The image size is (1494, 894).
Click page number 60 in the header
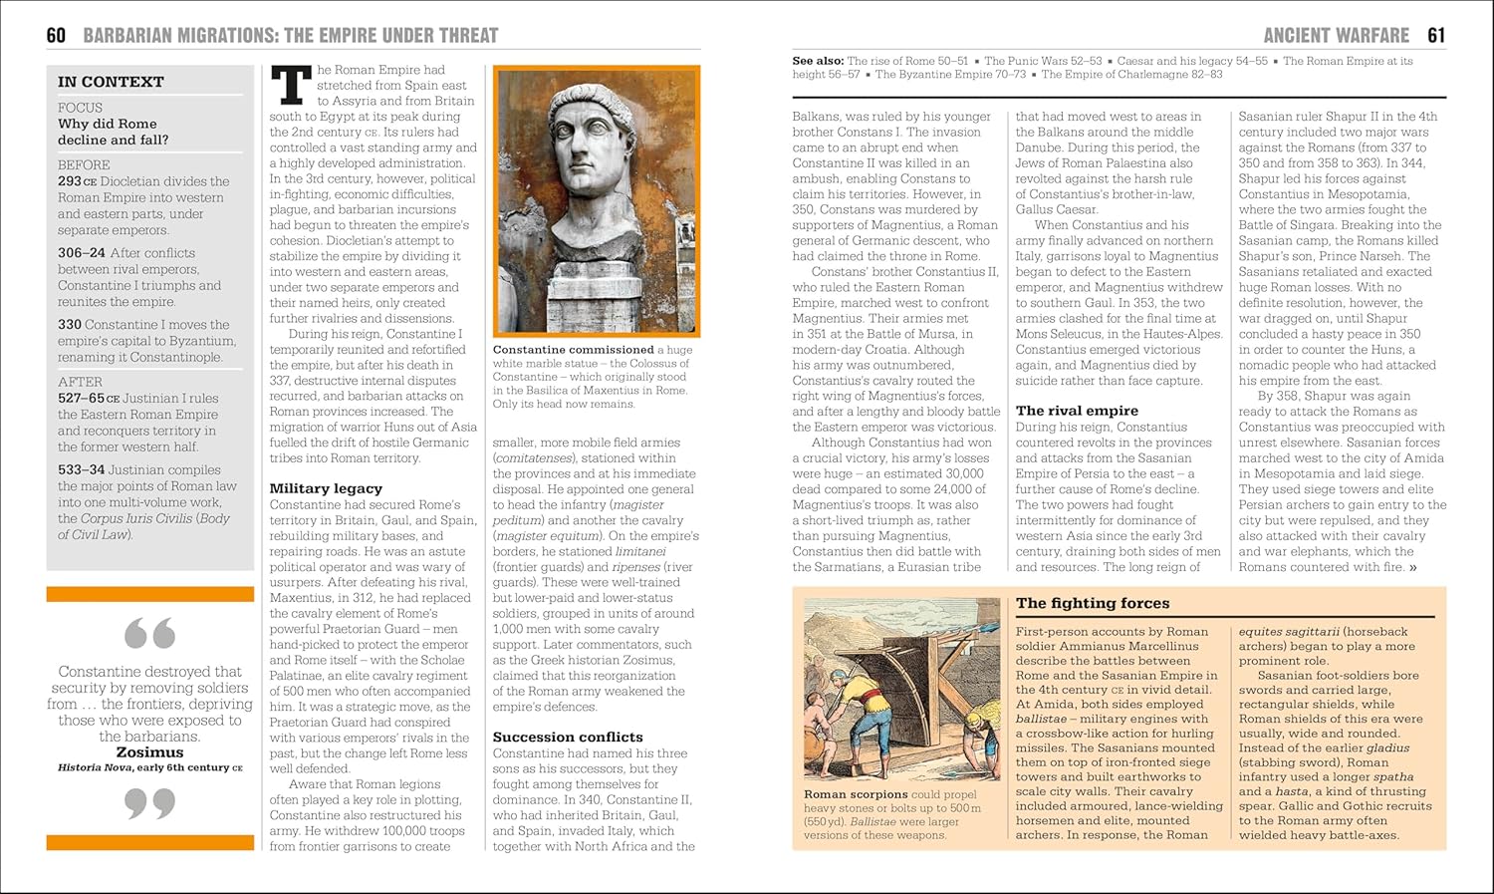point(56,36)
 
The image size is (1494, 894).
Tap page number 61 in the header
point(1435,36)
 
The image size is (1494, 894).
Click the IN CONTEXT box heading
point(111,82)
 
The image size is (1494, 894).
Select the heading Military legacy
point(326,488)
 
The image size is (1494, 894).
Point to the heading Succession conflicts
point(568,737)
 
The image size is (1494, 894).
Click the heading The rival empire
point(1077,410)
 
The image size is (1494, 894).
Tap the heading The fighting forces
point(1093,603)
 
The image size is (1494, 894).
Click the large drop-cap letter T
point(291,85)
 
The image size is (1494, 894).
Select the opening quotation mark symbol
point(149,633)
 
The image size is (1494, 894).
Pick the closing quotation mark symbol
point(149,802)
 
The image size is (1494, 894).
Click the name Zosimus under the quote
point(149,752)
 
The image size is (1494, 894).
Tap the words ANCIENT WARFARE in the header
point(1336,36)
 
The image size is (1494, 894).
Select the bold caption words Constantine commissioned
point(574,350)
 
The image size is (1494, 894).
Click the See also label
point(817,61)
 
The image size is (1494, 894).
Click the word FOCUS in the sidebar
point(80,108)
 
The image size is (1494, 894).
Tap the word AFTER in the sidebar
point(80,382)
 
